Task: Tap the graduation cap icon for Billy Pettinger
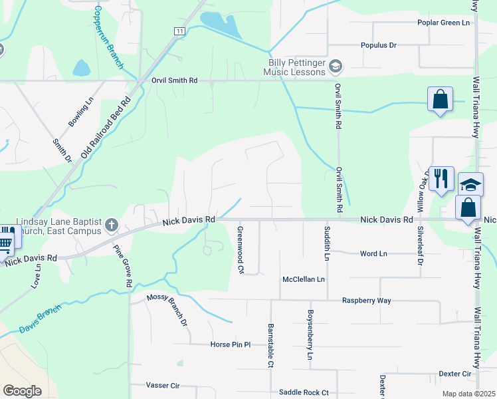(x=336, y=65)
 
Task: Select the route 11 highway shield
(x=179, y=31)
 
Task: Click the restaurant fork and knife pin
(x=441, y=178)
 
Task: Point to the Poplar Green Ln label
(x=443, y=23)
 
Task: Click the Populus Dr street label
(x=378, y=45)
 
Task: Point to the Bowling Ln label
(x=78, y=114)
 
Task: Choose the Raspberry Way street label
(x=366, y=301)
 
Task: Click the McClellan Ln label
(x=304, y=279)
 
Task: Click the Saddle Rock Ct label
(x=304, y=392)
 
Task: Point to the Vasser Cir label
(x=163, y=385)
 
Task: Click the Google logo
(x=22, y=391)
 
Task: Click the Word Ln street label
(x=373, y=253)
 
